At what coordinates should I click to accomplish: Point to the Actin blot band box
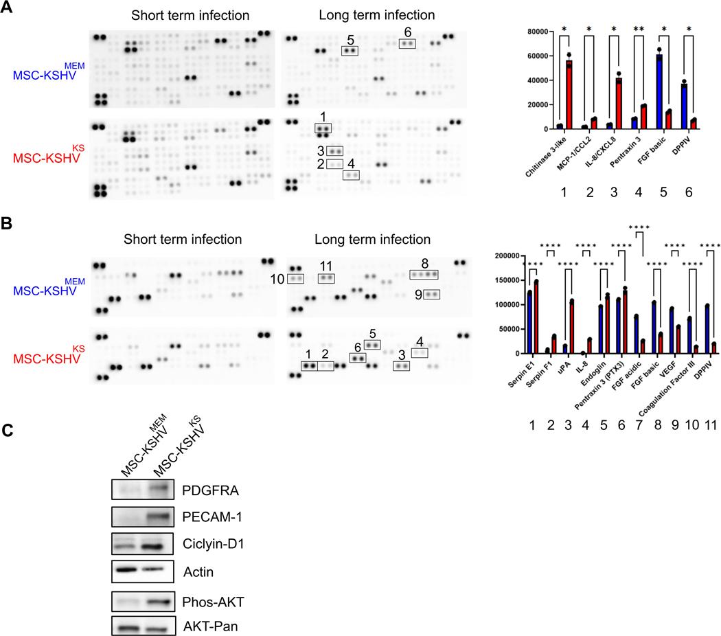pyautogui.click(x=141, y=569)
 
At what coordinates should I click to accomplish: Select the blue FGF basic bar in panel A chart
pyautogui.click(x=659, y=92)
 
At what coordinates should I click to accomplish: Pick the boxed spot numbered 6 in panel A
pyautogui.click(x=408, y=43)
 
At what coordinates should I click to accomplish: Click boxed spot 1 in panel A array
pyautogui.click(x=322, y=128)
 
